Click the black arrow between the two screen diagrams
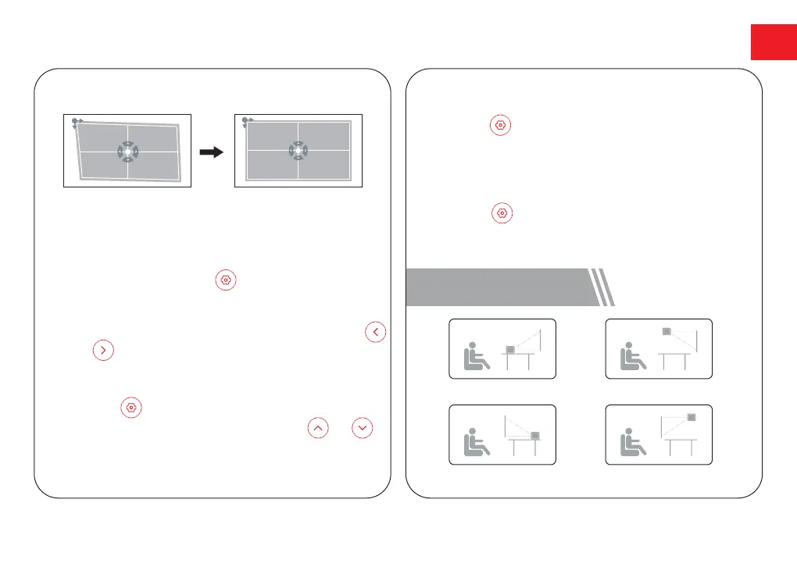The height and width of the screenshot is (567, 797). tap(213, 153)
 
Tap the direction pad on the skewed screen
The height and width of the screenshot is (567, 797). tap(128, 151)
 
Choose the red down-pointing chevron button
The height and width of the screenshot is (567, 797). tap(361, 427)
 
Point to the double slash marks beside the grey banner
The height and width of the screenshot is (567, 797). tap(602, 287)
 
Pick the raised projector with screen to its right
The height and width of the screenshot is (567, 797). tap(667, 332)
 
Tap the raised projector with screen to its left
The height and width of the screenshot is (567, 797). tap(692, 417)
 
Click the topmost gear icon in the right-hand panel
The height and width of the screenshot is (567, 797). tap(500, 125)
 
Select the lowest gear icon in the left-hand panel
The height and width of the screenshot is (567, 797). tap(131, 407)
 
